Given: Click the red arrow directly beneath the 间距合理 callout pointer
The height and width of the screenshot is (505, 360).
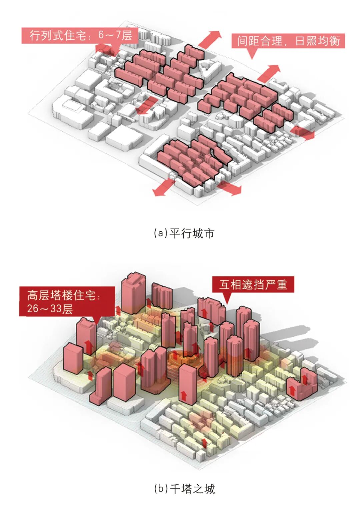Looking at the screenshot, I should [269, 73].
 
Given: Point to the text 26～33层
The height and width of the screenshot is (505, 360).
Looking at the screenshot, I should [50, 309].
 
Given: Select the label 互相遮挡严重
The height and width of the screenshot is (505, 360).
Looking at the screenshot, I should [253, 285].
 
